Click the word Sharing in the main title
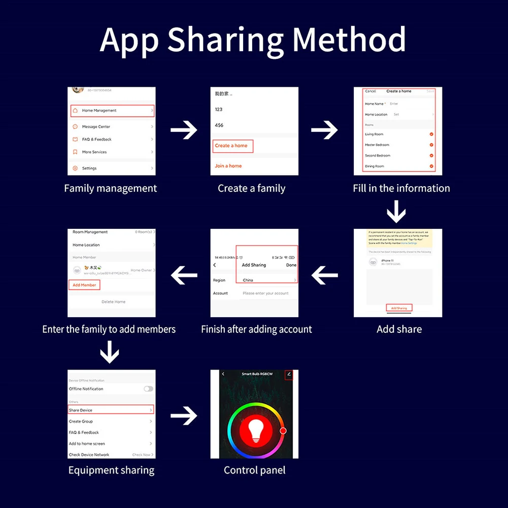point(226,40)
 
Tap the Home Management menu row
point(112,110)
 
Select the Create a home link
point(232,146)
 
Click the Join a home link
point(228,166)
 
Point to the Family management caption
point(111,188)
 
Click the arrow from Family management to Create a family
point(183,130)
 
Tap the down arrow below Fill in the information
point(396,211)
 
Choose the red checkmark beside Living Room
point(431,134)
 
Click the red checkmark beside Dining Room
point(431,166)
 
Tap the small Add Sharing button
point(398,308)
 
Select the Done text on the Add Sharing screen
point(291,265)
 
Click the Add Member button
point(84,285)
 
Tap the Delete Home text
point(113,302)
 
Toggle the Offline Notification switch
point(148,389)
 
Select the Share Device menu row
point(111,410)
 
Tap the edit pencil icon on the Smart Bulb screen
point(289,375)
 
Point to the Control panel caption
point(255,470)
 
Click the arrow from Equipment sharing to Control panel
point(183,417)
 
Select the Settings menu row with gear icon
point(112,168)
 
